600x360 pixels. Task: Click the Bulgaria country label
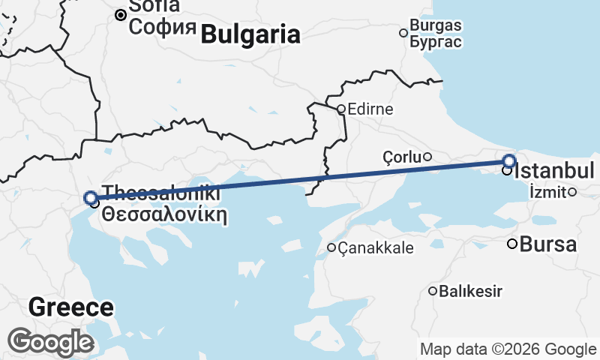point(250,34)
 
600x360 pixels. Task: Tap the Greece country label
point(71,307)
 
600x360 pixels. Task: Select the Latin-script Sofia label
point(154,7)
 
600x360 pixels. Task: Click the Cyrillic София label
point(163,28)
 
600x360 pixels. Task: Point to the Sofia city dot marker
point(120,14)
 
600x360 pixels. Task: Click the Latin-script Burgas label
point(436,25)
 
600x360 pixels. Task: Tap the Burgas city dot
point(403,32)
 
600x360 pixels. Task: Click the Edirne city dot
point(340,109)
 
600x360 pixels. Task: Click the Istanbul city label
point(554,169)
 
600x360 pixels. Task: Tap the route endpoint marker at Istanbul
point(509,160)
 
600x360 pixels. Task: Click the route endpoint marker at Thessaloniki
point(91,198)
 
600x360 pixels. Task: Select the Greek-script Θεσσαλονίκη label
point(164,213)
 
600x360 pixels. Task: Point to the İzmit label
point(547,191)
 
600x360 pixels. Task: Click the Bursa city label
point(548,244)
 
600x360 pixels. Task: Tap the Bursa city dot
point(512,243)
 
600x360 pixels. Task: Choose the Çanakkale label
point(376,247)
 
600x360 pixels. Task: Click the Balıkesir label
point(470,291)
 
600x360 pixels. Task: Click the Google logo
point(50,342)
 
